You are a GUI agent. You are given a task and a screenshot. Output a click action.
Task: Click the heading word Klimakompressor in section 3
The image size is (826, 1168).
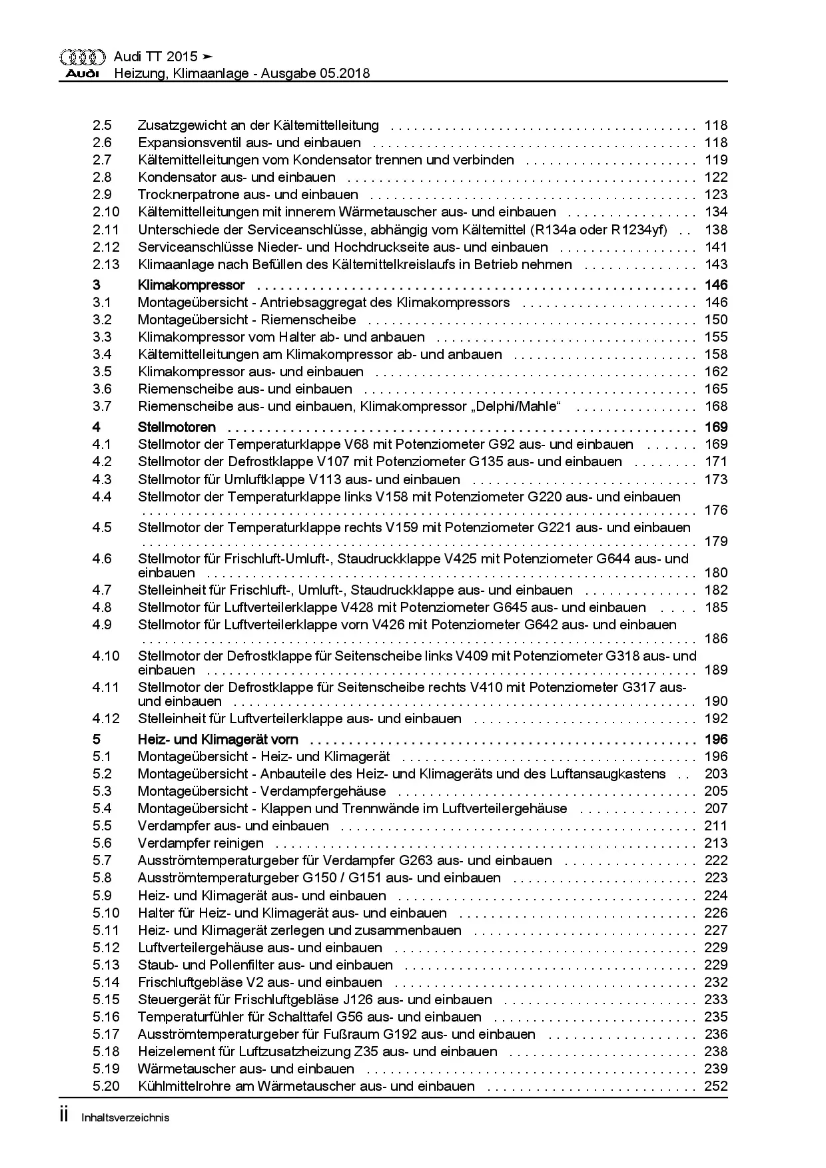[x=191, y=285]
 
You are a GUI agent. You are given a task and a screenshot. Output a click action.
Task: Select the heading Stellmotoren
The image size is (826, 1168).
[x=177, y=427]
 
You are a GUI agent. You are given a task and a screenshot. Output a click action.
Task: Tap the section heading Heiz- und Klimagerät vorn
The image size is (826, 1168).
[x=218, y=739]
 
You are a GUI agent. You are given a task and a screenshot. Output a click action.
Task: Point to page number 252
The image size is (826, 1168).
[x=715, y=1086]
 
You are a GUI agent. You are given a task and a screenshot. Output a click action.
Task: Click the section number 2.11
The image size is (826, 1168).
[x=106, y=230]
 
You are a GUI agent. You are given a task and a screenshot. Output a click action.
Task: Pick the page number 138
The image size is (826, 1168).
[x=715, y=230]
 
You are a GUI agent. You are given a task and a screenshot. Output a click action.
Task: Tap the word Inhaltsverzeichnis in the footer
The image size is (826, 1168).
[x=125, y=1117]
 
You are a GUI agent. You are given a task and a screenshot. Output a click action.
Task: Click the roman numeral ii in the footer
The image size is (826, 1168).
[x=64, y=1116]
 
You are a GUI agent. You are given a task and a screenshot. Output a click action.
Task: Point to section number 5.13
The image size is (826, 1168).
[x=106, y=965]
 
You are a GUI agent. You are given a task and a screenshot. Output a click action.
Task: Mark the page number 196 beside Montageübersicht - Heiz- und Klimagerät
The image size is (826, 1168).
[x=715, y=756]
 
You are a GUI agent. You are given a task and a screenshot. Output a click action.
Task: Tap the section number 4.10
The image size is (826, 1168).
[x=106, y=656]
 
